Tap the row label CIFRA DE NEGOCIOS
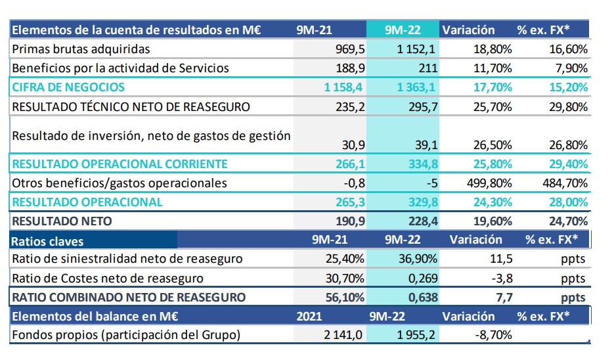(68, 87)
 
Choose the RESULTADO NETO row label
(62, 221)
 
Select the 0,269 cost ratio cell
(421, 278)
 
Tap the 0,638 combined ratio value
(421, 297)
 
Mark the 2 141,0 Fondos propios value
(341, 335)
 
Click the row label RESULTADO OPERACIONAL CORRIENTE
(120, 164)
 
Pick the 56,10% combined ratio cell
(346, 297)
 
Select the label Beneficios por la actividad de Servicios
(120, 68)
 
